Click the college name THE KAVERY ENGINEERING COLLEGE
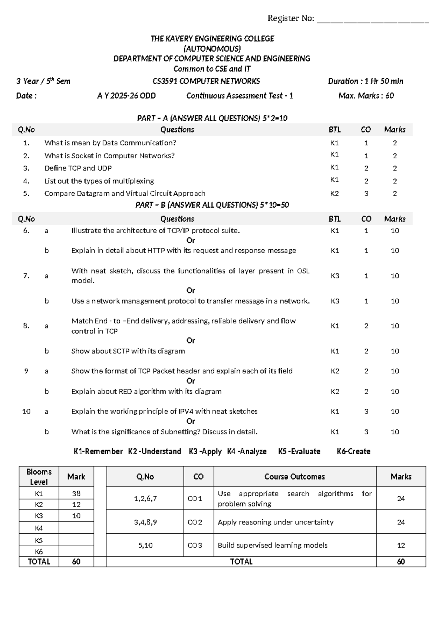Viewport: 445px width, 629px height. click(212, 39)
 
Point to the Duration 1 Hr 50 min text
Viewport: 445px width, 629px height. click(365, 81)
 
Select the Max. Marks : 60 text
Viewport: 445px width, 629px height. click(366, 96)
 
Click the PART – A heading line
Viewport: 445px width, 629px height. click(212, 118)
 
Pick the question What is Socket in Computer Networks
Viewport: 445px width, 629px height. click(109, 156)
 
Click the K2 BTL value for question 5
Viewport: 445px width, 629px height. click(334, 194)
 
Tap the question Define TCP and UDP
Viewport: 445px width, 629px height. click(78, 168)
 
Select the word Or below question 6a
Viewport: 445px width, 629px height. click(191, 240)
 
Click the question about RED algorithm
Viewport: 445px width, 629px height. click(146, 392)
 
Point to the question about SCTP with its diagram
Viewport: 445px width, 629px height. click(128, 351)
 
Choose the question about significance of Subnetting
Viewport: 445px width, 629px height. click(164, 432)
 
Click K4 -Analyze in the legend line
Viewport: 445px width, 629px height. click(247, 452)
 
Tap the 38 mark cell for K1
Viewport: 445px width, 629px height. click(76, 494)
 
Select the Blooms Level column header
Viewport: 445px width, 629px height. click(39, 477)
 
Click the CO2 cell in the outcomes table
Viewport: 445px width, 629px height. click(195, 523)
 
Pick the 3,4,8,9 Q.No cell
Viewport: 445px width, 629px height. click(145, 523)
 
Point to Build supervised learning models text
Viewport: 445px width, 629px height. click(273, 546)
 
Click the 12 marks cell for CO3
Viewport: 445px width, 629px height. click(400, 546)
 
